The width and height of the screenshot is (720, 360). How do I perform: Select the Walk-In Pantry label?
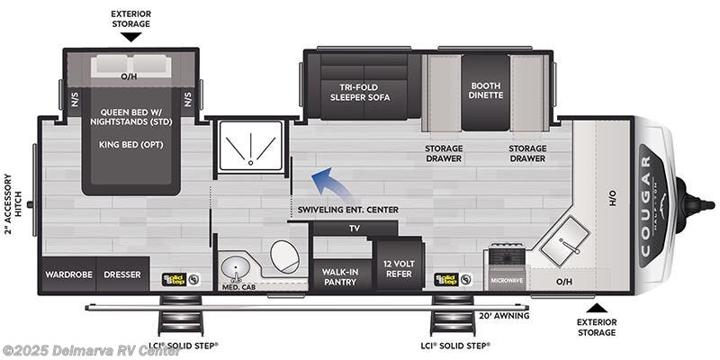pyautogui.click(x=340, y=275)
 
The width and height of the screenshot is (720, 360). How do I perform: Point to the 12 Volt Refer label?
pyautogui.click(x=398, y=267)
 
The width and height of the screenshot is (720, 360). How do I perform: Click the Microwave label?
pyautogui.click(x=506, y=280)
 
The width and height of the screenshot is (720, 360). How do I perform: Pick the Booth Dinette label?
pyautogui.click(x=486, y=90)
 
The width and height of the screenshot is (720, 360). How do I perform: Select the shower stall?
pyautogui.click(x=252, y=148)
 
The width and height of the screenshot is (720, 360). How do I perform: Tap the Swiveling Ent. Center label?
pyautogui.click(x=347, y=210)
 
